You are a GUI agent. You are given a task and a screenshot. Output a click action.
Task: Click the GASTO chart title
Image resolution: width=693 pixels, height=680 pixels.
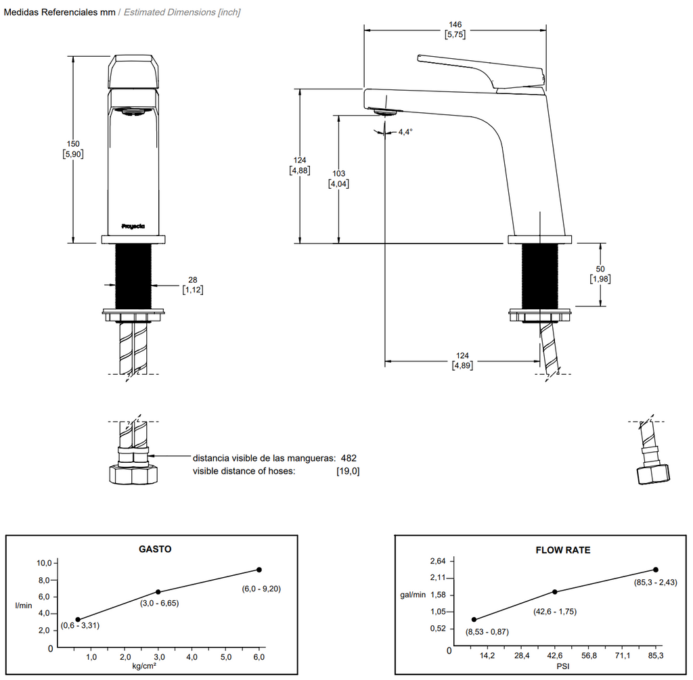(155, 549)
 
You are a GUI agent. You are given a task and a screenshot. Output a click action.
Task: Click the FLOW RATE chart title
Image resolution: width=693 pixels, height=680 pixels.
(563, 550)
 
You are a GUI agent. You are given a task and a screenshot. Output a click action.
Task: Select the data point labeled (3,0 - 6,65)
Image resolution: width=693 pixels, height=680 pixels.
(158, 592)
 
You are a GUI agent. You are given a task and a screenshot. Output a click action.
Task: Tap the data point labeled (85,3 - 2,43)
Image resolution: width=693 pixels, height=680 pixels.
(655, 570)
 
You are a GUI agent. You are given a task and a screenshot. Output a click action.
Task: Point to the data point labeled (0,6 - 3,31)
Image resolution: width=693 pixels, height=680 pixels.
(78, 620)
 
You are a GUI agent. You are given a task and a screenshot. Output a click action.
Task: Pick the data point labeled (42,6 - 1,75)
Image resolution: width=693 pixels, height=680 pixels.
(555, 592)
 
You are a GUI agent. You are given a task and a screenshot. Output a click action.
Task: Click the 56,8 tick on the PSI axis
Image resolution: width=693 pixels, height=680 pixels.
(589, 656)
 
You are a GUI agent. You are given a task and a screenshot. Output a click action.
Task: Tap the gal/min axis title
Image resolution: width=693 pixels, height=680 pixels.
(413, 595)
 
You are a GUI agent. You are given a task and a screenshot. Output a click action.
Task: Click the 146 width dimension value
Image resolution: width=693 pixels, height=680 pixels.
(455, 25)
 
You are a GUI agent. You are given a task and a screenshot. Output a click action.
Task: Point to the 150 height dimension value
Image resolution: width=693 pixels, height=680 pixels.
(72, 143)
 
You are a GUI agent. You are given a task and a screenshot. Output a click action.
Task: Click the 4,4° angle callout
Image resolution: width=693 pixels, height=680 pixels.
(405, 132)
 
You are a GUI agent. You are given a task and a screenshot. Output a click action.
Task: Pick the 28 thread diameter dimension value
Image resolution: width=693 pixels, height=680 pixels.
(193, 280)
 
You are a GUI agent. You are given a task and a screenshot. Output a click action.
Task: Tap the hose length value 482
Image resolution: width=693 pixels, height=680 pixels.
(349, 458)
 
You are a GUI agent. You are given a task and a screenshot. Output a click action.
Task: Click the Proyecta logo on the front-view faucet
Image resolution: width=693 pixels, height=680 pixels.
(133, 227)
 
